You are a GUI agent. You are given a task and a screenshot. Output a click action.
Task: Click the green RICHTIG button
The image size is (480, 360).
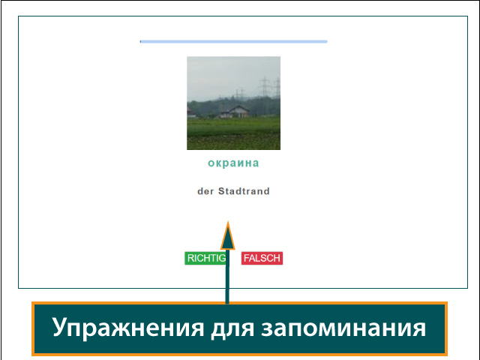[205, 258]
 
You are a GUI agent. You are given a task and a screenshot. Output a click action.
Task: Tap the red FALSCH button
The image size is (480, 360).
[262, 258]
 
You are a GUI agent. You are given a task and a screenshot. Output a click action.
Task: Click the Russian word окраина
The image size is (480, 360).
[233, 163]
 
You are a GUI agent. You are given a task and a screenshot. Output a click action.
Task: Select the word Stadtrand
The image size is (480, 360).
[244, 191]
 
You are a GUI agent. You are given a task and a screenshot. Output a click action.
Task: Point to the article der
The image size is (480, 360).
[205, 191]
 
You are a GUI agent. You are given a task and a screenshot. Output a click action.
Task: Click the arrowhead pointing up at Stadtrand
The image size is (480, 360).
[227, 235]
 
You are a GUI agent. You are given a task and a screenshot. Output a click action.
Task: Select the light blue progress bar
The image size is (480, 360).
[233, 41]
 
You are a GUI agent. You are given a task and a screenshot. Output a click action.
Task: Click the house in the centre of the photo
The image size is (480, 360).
[237, 112]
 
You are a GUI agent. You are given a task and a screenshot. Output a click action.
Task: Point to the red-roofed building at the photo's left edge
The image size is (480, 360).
[191, 113]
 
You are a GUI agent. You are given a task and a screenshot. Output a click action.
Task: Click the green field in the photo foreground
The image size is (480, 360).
[233, 135]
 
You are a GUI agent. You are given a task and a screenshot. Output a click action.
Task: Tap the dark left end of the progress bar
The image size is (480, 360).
[141, 41]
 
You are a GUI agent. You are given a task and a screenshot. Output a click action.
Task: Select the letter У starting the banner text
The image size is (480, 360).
[59, 328]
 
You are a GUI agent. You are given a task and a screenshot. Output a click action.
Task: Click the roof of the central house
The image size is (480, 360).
[238, 108]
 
